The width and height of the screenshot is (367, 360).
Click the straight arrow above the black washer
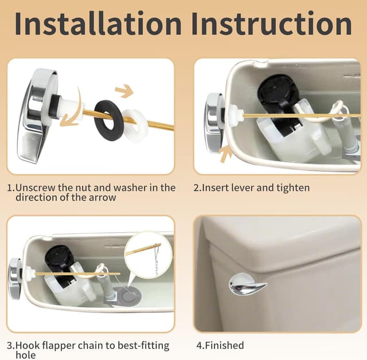123,91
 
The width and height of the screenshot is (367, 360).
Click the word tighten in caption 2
293,188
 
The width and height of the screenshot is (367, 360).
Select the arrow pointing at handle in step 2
225,154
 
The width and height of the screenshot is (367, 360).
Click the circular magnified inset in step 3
148,255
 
